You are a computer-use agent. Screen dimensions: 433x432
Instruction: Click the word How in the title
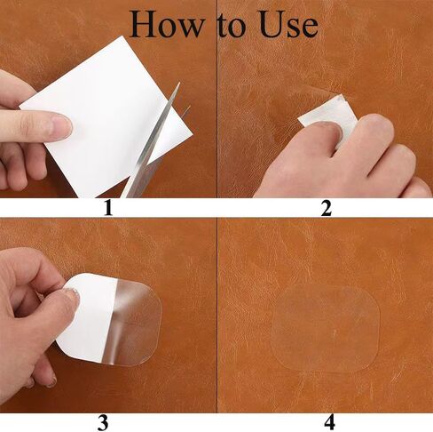(x=167, y=24)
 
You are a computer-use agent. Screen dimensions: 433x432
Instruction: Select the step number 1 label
(x=108, y=208)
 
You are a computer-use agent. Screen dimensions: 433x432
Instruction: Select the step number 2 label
(x=327, y=208)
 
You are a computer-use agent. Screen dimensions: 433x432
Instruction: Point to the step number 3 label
(x=103, y=422)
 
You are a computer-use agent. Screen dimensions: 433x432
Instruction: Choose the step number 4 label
(x=329, y=422)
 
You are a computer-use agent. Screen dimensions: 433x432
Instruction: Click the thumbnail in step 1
(x=62, y=126)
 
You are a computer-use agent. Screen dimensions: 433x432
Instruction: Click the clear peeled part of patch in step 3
(x=136, y=322)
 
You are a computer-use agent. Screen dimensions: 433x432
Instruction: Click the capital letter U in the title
(x=272, y=24)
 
